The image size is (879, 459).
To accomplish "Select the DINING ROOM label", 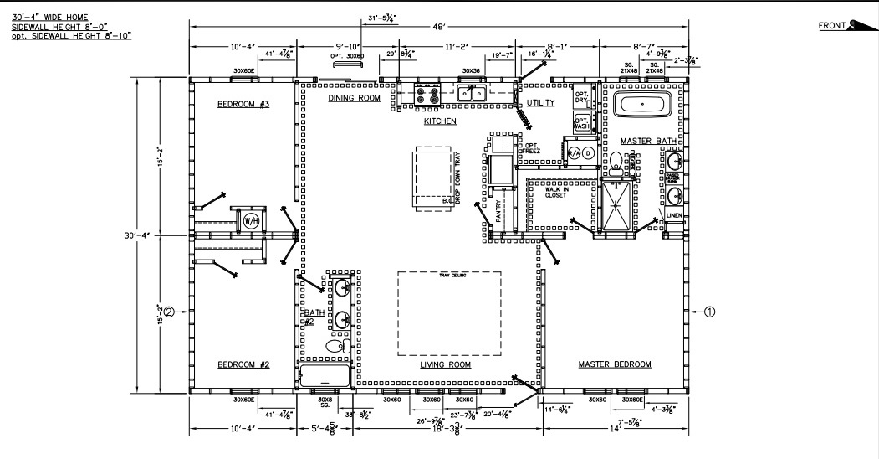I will (354, 98).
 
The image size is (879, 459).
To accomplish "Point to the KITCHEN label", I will (440, 121).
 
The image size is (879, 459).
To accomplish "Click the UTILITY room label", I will (541, 102).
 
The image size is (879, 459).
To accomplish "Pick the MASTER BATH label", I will (647, 141).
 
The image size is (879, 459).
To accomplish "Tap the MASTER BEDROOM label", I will (615, 364).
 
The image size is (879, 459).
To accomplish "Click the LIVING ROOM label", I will (445, 365).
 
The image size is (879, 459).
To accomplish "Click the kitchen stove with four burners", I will (427, 91).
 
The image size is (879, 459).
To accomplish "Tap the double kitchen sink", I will (472, 92).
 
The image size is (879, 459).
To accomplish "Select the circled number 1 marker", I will (709, 312).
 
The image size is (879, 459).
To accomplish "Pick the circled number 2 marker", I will (169, 312).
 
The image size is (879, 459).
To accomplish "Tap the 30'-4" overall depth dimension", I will (136, 235).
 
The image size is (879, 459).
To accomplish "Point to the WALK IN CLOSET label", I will (556, 192).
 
